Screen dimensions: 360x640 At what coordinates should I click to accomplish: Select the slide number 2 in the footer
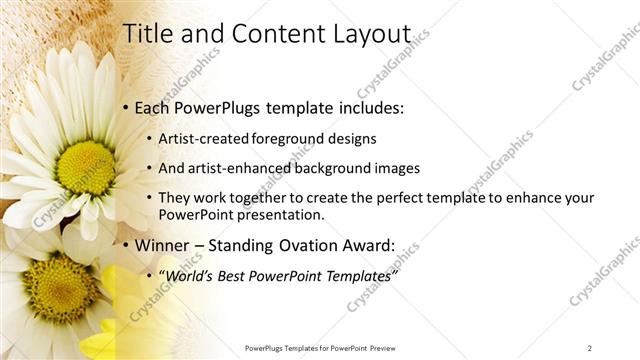(590, 347)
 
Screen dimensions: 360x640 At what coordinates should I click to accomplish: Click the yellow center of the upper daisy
(87, 166)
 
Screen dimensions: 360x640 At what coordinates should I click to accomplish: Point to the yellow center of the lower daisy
(61, 290)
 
